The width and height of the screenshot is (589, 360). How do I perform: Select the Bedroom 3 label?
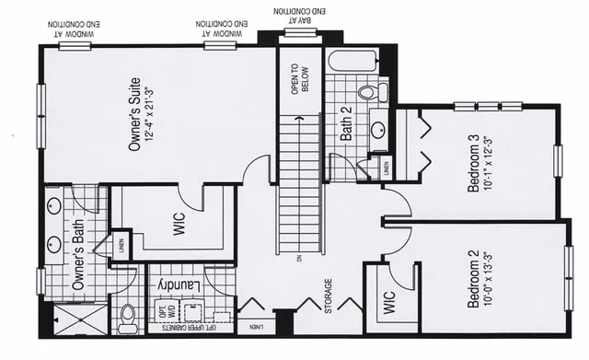tap(474, 164)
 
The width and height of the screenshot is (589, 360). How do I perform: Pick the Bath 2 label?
tap(347, 123)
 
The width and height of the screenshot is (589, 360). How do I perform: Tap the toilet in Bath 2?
tap(369, 92)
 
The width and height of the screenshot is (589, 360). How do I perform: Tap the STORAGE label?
tap(329, 296)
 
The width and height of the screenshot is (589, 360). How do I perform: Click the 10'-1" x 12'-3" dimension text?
tap(488, 164)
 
